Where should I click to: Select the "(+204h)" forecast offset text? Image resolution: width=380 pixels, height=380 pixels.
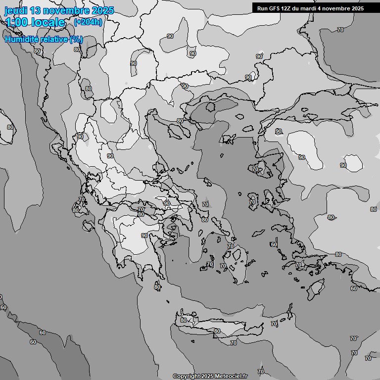(x=88, y=22)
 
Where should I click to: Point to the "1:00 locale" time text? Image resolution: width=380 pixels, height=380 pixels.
(x=35, y=22)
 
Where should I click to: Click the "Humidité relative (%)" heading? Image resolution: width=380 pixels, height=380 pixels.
(x=44, y=39)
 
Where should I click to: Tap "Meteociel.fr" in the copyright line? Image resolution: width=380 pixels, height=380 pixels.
(x=231, y=376)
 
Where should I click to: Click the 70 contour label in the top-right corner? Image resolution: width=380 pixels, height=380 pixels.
(x=340, y=30)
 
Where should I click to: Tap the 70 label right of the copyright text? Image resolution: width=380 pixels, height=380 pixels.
(x=261, y=372)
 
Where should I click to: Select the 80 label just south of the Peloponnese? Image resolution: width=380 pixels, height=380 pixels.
(x=157, y=287)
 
